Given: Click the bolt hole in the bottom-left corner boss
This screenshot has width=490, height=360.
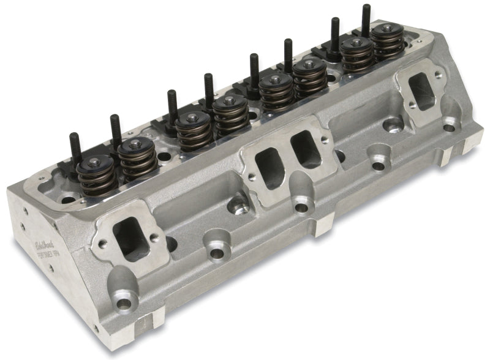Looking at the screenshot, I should [x=126, y=304].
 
